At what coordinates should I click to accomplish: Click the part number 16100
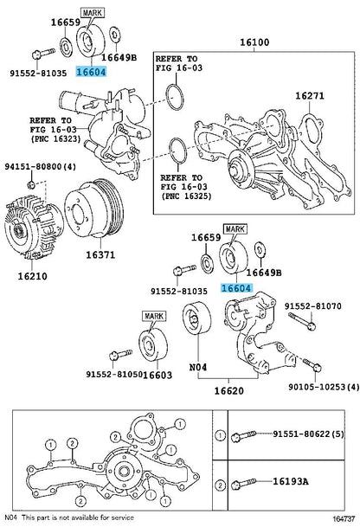click(x=254, y=42)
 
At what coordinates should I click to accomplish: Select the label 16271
click(x=310, y=96)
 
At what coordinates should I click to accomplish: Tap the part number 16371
click(x=100, y=255)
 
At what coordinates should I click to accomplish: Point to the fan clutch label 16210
click(x=33, y=277)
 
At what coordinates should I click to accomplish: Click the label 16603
click(x=157, y=375)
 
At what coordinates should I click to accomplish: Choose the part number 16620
click(x=229, y=391)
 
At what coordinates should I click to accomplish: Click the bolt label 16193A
click(x=291, y=482)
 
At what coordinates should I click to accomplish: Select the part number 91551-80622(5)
click(x=308, y=434)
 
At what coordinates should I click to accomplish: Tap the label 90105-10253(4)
click(x=324, y=387)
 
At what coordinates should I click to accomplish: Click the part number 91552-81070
click(x=313, y=306)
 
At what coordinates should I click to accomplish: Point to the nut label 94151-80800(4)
click(x=41, y=167)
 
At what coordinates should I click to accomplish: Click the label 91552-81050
click(x=114, y=375)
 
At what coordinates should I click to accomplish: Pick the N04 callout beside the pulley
click(x=198, y=368)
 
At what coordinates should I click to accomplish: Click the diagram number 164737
click(x=344, y=519)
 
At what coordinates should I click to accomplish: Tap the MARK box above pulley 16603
click(x=154, y=316)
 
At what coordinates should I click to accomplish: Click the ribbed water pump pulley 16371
click(x=93, y=209)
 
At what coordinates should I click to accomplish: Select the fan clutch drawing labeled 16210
click(x=34, y=228)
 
